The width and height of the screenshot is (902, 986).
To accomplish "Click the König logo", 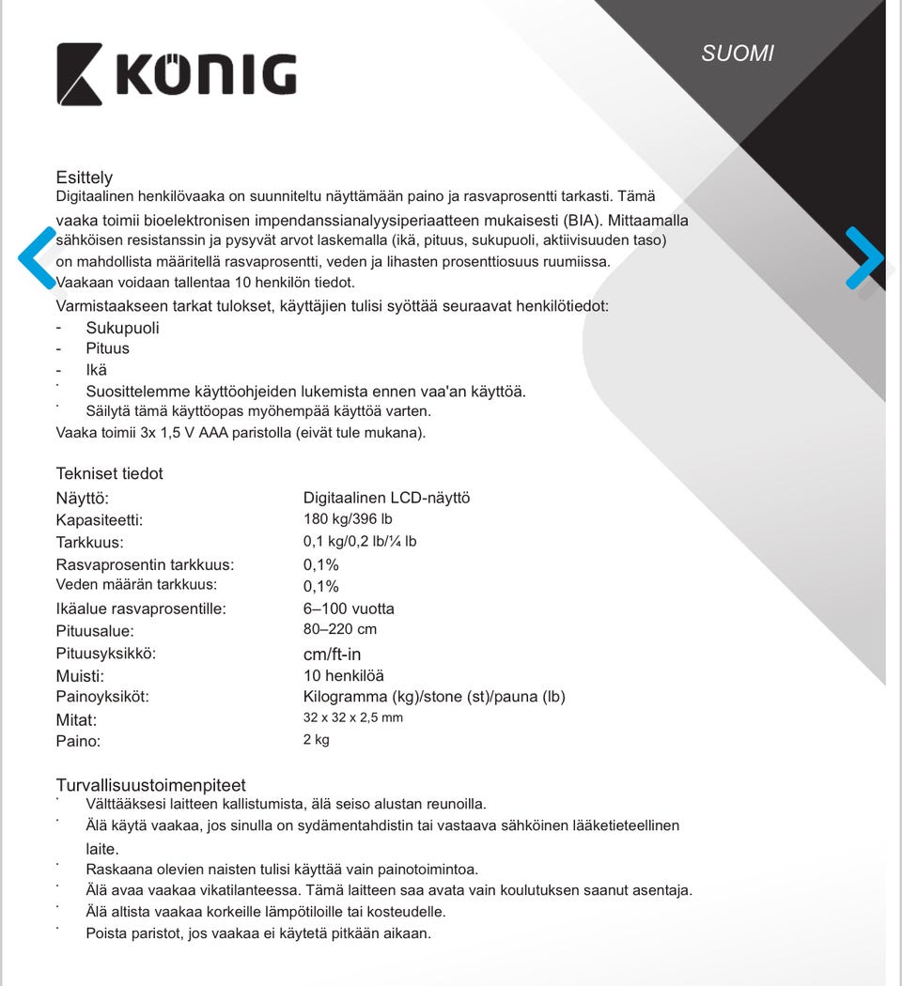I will pos(177,73).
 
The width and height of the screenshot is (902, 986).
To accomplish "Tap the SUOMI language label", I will pos(738,54).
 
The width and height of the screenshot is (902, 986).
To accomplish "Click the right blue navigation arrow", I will pos(863,257).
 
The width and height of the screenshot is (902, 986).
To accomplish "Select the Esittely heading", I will pos(85,177).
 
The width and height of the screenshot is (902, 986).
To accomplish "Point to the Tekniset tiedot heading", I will pos(109,473).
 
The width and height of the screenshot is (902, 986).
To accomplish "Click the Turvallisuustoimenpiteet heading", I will pos(150,785).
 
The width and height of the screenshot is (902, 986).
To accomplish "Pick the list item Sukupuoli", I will pos(122,328).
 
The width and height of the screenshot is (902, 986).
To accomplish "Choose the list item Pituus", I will pos(107,348).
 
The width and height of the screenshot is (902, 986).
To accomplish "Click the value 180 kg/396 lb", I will pos(348,519).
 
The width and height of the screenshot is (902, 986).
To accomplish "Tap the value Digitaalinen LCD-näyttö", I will pos(386,498).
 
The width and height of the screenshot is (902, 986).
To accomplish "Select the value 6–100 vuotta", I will pos(349,609).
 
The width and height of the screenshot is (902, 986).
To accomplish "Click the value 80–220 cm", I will pos(340,629).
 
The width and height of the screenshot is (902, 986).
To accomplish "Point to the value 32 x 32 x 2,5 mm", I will pos(353,717).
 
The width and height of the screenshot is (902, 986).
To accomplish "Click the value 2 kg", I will pos(317,740).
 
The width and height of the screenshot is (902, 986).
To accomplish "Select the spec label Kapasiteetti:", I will pos(100,520).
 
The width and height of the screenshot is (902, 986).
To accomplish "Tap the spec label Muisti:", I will pos(80,676).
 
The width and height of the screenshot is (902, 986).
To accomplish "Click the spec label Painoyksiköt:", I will pos(102,697).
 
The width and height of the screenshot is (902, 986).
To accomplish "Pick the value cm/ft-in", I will pos(332,654).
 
